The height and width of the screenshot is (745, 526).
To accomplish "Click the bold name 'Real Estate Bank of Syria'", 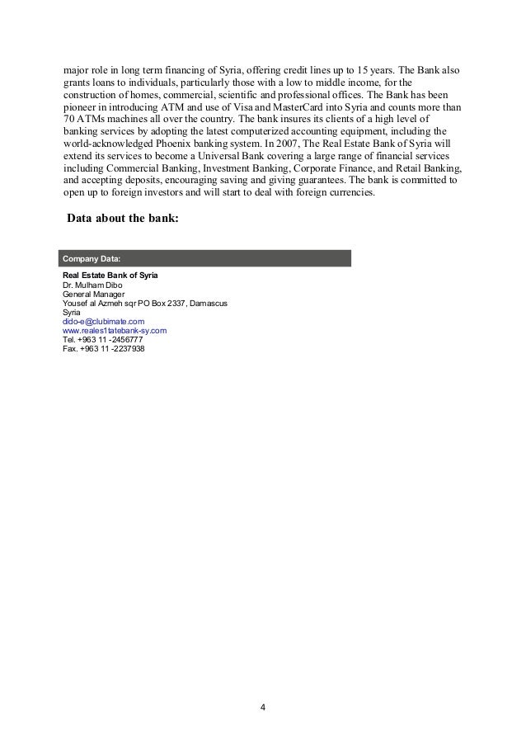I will (x=110, y=275).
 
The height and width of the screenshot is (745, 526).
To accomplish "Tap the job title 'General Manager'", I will (x=94, y=294).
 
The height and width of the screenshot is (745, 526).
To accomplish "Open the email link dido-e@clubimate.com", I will (x=104, y=321).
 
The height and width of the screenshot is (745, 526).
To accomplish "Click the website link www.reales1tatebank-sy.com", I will (x=115, y=330).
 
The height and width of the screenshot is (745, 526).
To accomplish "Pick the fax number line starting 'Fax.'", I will (x=103, y=348).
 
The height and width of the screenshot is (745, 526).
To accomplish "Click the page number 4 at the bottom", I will (x=262, y=708).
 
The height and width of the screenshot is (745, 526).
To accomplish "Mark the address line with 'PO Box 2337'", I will (x=145, y=303).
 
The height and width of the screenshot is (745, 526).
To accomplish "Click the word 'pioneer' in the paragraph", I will (x=82, y=108).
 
